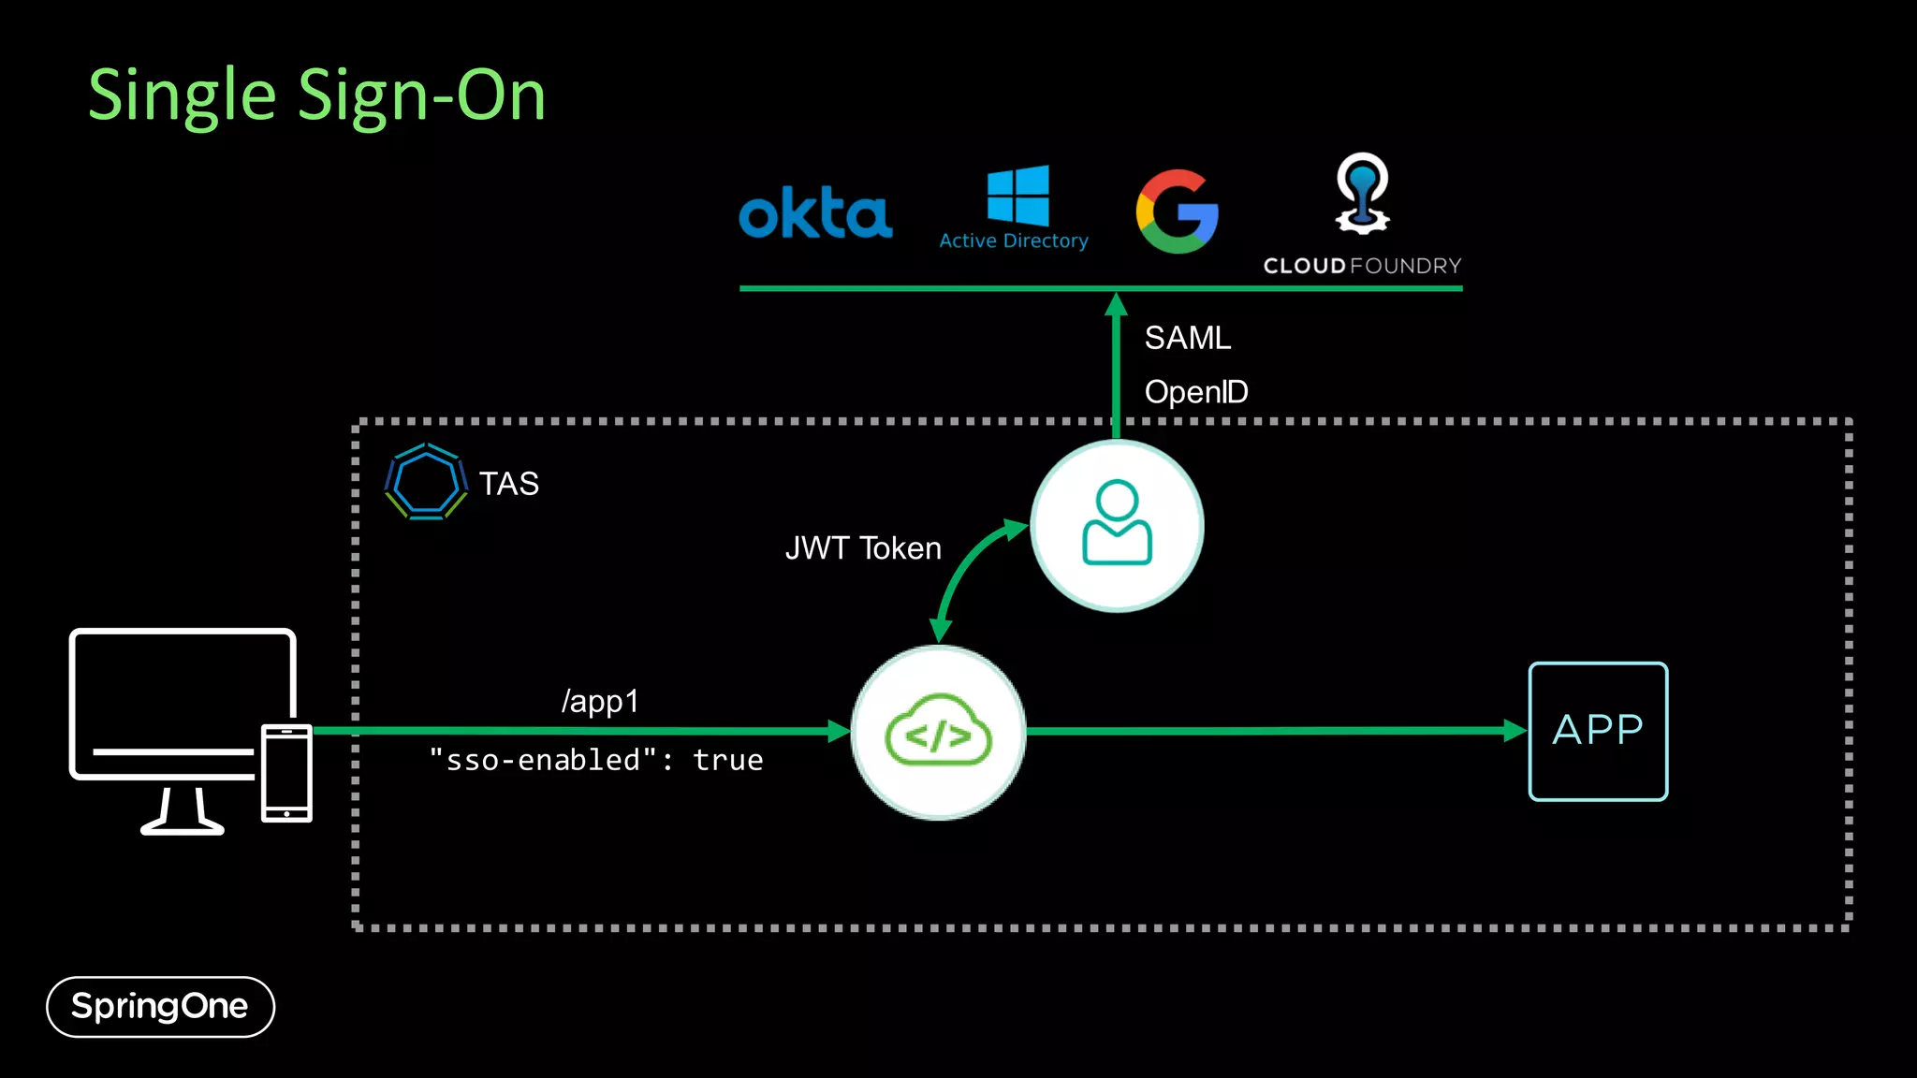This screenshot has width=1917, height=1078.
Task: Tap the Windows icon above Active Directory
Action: pyautogui.click(x=1017, y=196)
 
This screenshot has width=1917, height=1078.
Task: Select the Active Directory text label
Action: pyautogui.click(x=1014, y=241)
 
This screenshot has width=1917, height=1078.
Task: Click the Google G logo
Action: pyautogui.click(x=1178, y=211)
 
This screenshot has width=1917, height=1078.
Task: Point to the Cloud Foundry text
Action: pyautogui.click(x=1362, y=266)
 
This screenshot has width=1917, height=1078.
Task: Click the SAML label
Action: pyautogui.click(x=1187, y=338)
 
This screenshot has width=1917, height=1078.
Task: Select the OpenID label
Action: pyautogui.click(x=1196, y=392)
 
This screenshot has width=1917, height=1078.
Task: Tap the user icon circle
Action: pyautogui.click(x=1117, y=526)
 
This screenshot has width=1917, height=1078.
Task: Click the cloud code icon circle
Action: pyautogui.click(x=939, y=733)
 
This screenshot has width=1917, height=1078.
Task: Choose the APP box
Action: pyautogui.click(x=1598, y=731)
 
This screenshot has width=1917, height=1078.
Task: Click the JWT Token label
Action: pyautogui.click(x=863, y=548)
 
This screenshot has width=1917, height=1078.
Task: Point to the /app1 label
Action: pyautogui.click(x=600, y=701)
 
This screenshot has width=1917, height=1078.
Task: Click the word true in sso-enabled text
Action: pyautogui.click(x=728, y=761)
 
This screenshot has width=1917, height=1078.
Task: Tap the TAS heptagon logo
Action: pyautogui.click(x=426, y=483)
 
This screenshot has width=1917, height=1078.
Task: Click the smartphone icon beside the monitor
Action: pyautogui.click(x=286, y=773)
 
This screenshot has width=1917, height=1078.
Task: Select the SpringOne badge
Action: pyautogui.click(x=160, y=1007)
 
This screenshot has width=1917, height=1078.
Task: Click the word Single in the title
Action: pyautogui.click(x=183, y=96)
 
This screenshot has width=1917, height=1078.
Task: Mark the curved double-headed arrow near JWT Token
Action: pyautogui.click(x=969, y=575)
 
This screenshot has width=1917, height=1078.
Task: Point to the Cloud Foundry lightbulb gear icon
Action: pyautogui.click(x=1362, y=195)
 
